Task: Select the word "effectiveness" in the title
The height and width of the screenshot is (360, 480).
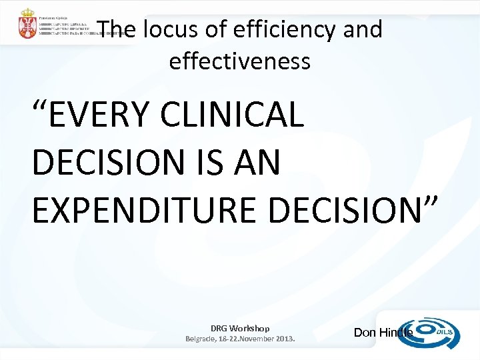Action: point(240,61)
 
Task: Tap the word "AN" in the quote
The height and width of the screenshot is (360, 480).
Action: point(256,163)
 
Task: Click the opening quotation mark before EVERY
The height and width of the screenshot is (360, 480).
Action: point(41,107)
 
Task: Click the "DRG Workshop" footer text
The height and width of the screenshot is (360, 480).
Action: point(240,328)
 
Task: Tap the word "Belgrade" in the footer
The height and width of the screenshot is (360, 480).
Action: point(202,339)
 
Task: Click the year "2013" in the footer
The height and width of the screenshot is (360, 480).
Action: point(281,339)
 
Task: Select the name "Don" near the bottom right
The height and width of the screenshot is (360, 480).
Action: point(364,333)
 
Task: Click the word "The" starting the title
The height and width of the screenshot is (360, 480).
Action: point(111,30)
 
